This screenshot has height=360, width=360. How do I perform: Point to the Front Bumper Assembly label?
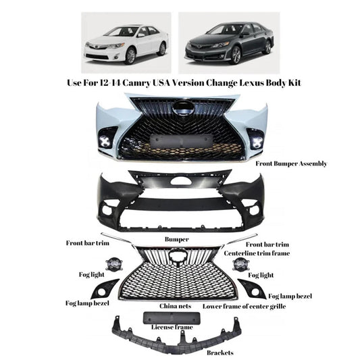pyautogui.click(x=291, y=164)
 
